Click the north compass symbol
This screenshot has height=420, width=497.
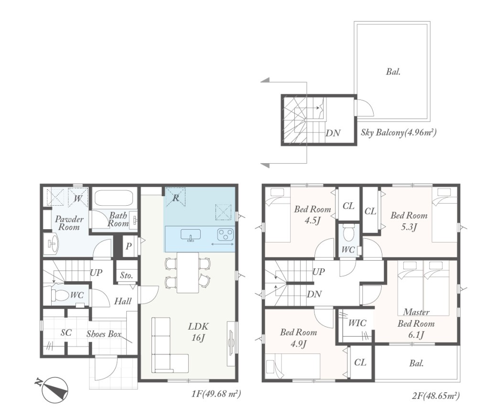(x=54, y=389)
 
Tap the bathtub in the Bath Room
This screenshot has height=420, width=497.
(x=113, y=199)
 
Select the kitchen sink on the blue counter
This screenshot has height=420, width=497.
(x=191, y=235)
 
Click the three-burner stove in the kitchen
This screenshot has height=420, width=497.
(x=226, y=235)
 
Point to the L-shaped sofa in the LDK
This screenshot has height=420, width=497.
(x=165, y=349)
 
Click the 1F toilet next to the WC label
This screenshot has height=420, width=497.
(x=60, y=295)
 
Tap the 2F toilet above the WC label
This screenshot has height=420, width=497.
(x=348, y=233)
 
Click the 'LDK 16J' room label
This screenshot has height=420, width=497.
(x=198, y=332)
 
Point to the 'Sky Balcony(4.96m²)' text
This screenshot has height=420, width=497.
(x=399, y=133)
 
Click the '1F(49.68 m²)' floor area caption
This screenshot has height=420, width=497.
(x=216, y=394)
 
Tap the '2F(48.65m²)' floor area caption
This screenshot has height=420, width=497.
(x=436, y=396)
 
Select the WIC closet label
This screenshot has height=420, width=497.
(x=357, y=323)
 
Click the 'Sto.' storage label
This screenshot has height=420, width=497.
(x=126, y=276)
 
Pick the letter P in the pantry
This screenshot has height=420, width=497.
(x=129, y=246)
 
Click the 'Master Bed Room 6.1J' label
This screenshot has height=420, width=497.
(x=416, y=323)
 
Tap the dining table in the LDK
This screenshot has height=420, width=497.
(x=188, y=273)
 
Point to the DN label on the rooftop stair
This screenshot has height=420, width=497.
(x=333, y=133)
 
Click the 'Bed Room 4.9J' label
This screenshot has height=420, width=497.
(x=299, y=338)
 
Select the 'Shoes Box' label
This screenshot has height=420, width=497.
(x=104, y=334)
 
